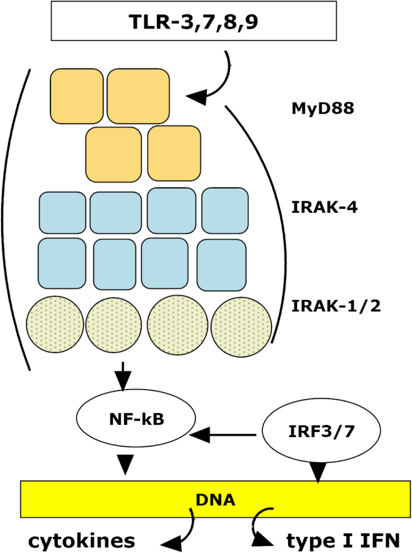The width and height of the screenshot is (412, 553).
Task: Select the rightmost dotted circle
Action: pyautogui.click(x=238, y=325)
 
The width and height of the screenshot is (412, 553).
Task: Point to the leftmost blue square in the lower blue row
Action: pyautogui.click(x=62, y=262)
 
